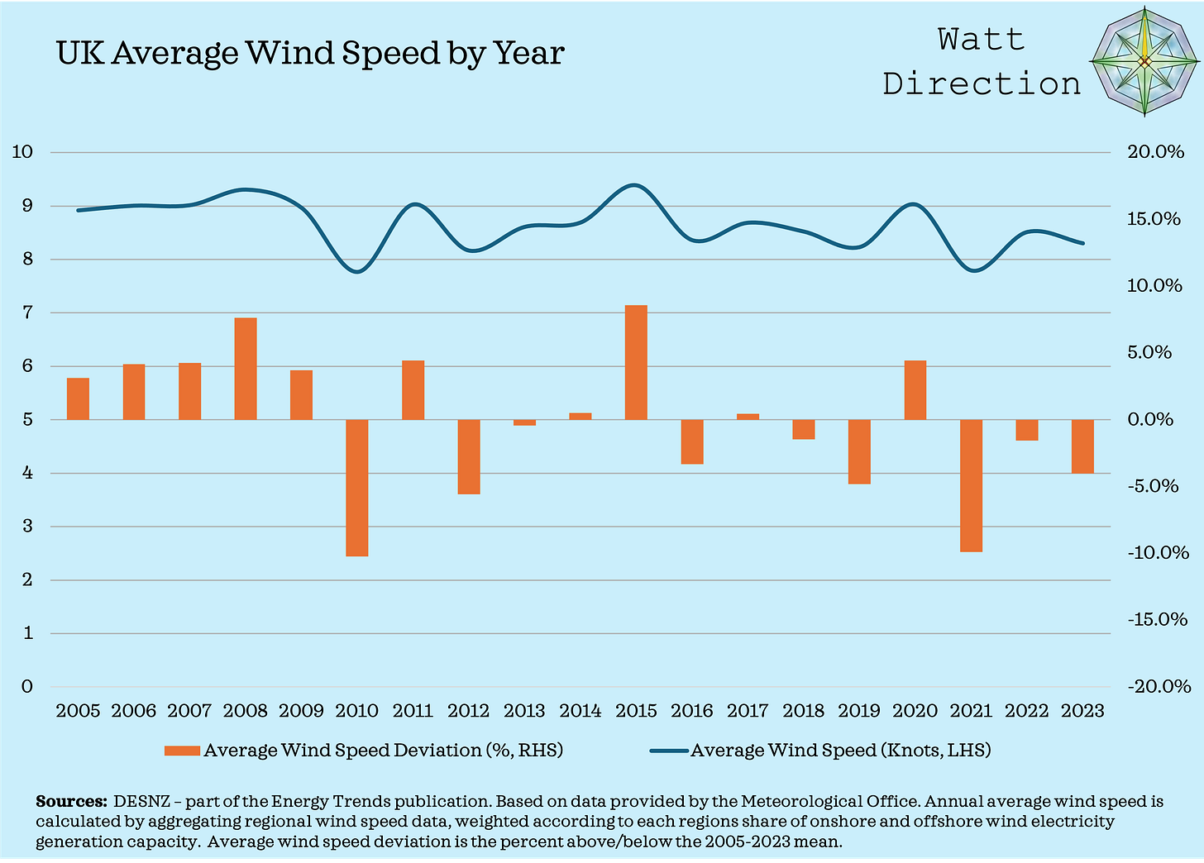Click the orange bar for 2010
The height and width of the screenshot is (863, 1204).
[357, 488]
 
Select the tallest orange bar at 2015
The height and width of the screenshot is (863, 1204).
[636, 362]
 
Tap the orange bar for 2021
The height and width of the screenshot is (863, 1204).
[971, 485]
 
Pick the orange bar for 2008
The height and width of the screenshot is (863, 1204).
[246, 369]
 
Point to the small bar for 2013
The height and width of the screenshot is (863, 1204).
[524, 422]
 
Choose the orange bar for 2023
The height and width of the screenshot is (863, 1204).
[1082, 446]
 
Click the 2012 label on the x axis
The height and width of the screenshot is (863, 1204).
[468, 711]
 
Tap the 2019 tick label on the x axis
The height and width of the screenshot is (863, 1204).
[859, 711]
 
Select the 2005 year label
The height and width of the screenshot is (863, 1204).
[78, 711]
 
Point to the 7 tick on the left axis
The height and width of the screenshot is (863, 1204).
[26, 312]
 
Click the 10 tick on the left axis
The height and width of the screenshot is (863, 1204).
[22, 152]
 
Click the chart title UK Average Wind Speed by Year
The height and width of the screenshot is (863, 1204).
[310, 53]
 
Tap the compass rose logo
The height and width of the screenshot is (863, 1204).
[1144, 62]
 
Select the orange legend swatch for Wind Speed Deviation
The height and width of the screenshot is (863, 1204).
[181, 751]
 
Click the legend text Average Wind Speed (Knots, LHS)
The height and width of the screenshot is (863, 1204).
[840, 751]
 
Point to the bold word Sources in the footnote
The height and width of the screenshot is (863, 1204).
[71, 802]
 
